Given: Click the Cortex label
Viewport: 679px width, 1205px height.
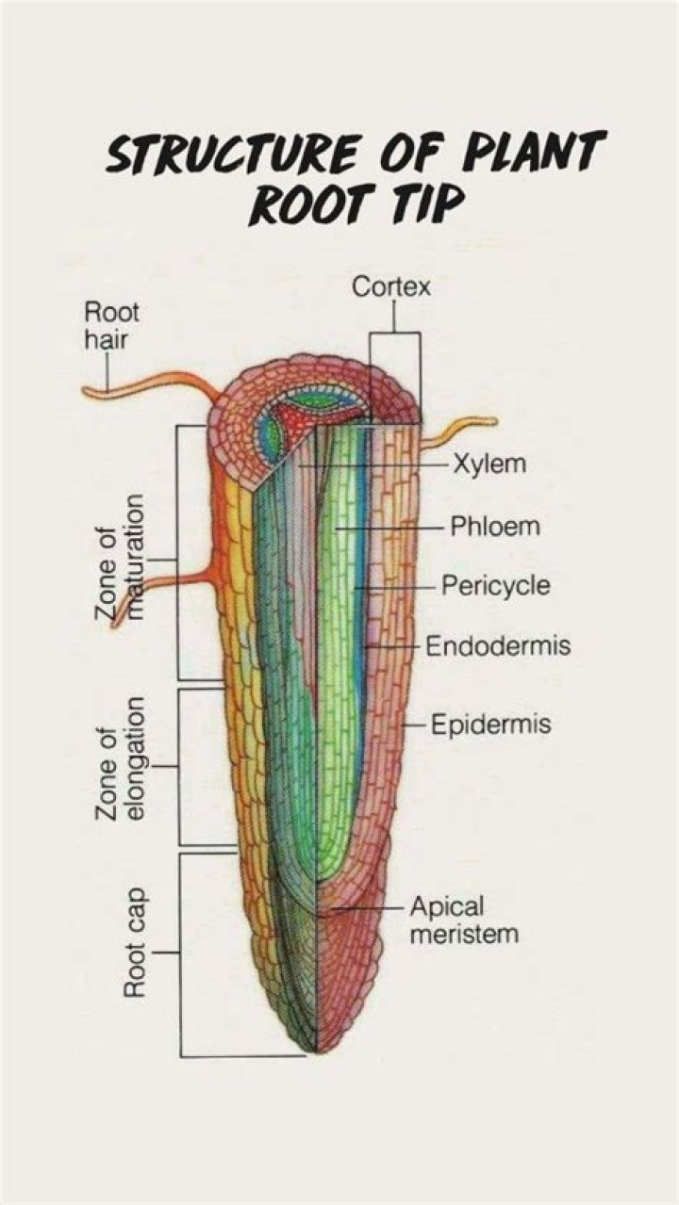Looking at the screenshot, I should (391, 287).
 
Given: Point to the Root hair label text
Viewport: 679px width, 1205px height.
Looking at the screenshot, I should (111, 324).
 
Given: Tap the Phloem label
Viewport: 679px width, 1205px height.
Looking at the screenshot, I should (495, 526).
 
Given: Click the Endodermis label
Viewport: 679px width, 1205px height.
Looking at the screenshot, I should (498, 647).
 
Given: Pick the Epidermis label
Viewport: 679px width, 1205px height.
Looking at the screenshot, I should (490, 725).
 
